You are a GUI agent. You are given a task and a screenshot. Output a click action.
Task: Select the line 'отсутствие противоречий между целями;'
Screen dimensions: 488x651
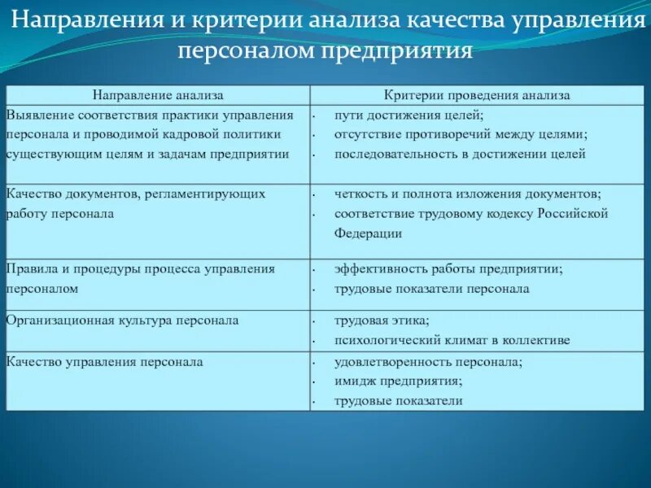coord(460,134)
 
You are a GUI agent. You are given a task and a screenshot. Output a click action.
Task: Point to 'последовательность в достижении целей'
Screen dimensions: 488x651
coord(460,153)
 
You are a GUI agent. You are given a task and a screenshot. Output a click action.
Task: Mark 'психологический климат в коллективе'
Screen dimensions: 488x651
coord(452,340)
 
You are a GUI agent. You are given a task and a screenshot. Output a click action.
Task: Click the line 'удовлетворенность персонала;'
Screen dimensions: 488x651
coord(429,362)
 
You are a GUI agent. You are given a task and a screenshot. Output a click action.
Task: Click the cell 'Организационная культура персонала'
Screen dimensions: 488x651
coord(122,320)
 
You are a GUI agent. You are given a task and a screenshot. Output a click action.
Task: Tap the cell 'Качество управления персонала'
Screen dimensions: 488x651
coord(105,362)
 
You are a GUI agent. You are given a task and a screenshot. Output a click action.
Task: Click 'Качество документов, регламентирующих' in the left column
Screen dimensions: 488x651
coord(136,194)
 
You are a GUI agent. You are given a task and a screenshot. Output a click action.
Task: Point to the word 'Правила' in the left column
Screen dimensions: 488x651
coord(30,268)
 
